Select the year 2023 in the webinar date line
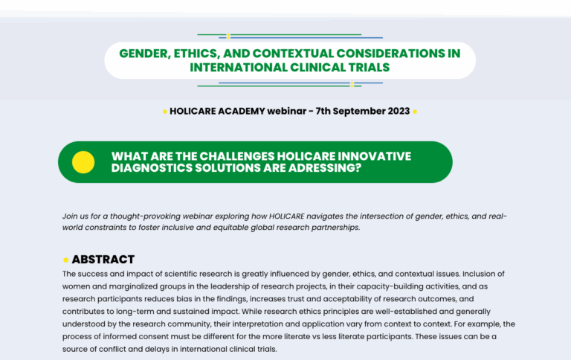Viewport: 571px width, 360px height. pos(399,111)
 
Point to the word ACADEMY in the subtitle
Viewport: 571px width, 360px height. pos(242,111)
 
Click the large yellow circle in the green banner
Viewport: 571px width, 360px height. pos(83,162)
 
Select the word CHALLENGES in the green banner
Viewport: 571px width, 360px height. pos(237,156)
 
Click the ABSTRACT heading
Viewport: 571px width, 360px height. pos(103,260)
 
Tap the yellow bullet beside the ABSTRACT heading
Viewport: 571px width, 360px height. pos(66,260)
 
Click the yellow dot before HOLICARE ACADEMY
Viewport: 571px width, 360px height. pos(165,112)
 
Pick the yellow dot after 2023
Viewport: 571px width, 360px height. pos(415,112)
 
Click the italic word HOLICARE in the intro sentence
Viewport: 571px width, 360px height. pos(286,216)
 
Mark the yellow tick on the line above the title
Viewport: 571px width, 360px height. pos(228,36)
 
